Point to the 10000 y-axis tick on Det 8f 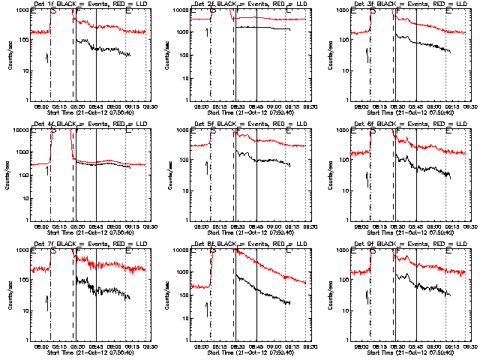pyautogui.click(x=178, y=250)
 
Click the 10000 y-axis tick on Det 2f pyautogui.click(x=178, y=10)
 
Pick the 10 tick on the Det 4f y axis pyautogui.click(x=22, y=191)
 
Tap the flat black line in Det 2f pyautogui.click(x=262, y=28)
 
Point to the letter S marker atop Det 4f pyautogui.click(x=52, y=131)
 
